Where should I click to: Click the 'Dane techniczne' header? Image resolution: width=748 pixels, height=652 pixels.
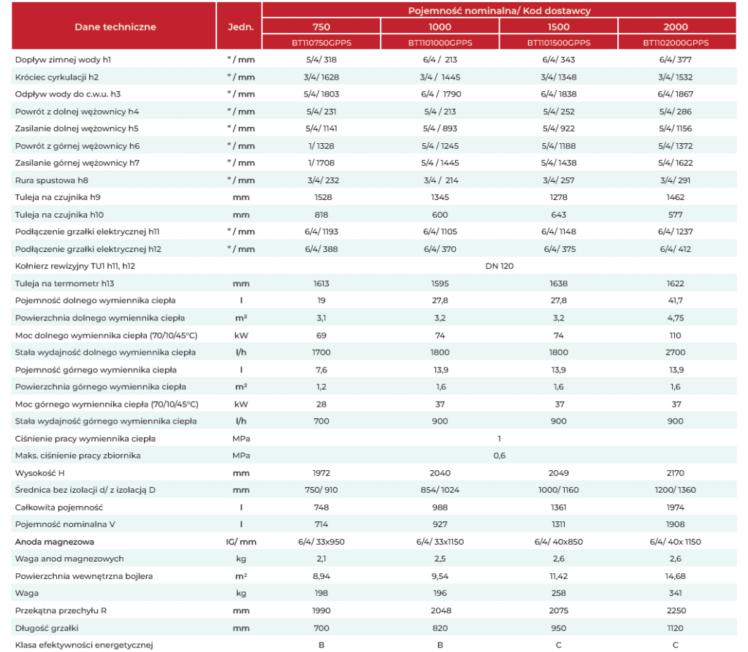click(x=115, y=27)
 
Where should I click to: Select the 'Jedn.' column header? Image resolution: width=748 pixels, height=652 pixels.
click(x=240, y=27)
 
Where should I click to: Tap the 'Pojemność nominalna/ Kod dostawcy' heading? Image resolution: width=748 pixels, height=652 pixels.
click(x=499, y=10)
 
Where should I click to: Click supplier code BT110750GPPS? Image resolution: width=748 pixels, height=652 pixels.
click(x=321, y=42)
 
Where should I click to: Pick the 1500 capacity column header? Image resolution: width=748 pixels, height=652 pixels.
click(x=558, y=27)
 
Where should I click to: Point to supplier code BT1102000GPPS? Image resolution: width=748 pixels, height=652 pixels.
click(x=676, y=42)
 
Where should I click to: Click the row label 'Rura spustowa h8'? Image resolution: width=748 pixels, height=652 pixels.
click(x=52, y=180)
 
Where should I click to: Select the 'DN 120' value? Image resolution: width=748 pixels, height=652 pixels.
click(x=499, y=266)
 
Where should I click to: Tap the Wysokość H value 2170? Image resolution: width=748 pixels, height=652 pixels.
click(x=676, y=472)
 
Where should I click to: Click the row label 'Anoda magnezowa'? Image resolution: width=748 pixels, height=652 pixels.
click(x=54, y=541)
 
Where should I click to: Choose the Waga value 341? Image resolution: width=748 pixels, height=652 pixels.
click(x=676, y=593)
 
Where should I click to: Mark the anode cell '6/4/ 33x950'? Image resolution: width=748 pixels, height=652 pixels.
click(x=321, y=541)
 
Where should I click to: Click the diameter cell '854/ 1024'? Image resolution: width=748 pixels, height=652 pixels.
click(x=440, y=490)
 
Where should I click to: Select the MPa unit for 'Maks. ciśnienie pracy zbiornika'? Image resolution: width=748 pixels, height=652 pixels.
click(x=241, y=456)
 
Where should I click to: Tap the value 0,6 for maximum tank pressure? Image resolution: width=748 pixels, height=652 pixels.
click(x=499, y=456)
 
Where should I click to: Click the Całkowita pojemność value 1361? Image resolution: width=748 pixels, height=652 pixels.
click(x=558, y=507)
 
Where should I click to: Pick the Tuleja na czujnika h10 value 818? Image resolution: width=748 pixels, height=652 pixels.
click(x=321, y=215)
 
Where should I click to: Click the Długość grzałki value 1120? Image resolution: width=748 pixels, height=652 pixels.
click(x=676, y=628)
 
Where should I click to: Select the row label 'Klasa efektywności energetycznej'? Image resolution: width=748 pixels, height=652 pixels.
click(x=84, y=645)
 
